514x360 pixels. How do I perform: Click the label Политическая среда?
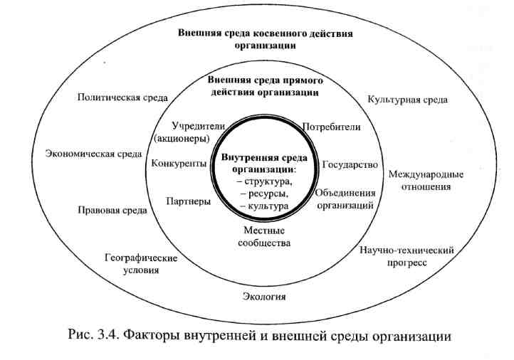coord(122,97)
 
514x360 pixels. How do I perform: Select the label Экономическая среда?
coord(93,153)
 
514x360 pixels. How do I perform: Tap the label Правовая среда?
coord(112,211)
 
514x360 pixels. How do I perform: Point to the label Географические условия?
coord(132,264)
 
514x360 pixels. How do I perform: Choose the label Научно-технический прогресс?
coord(407,256)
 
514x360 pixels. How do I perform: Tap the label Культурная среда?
coord(407,100)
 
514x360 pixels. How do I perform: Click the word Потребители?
coord(332,127)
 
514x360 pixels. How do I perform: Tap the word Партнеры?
coord(188,201)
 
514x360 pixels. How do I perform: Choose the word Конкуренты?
coord(179,164)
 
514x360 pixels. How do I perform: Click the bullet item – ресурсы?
coord(264,194)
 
